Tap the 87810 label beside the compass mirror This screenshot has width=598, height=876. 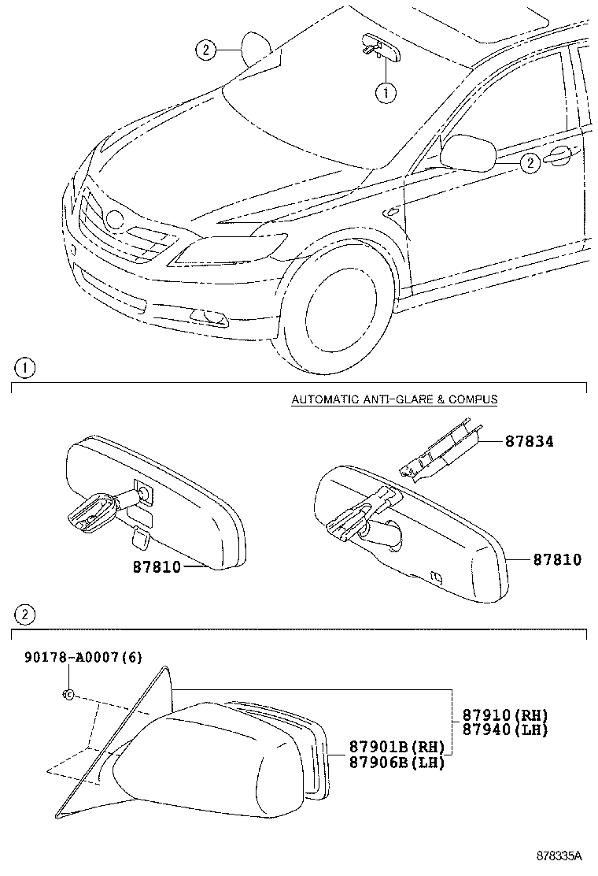[557, 559]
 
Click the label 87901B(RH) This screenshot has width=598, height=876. [386, 748]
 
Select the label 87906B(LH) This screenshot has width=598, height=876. [386, 762]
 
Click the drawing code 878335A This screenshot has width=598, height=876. [559, 855]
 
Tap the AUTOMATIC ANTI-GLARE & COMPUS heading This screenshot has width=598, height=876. [394, 399]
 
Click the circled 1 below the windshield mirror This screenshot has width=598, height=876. [385, 93]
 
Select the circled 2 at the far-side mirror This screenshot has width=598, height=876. [205, 50]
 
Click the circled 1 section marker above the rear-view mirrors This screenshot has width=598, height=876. [25, 368]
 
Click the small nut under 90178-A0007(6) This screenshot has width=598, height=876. [68, 695]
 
